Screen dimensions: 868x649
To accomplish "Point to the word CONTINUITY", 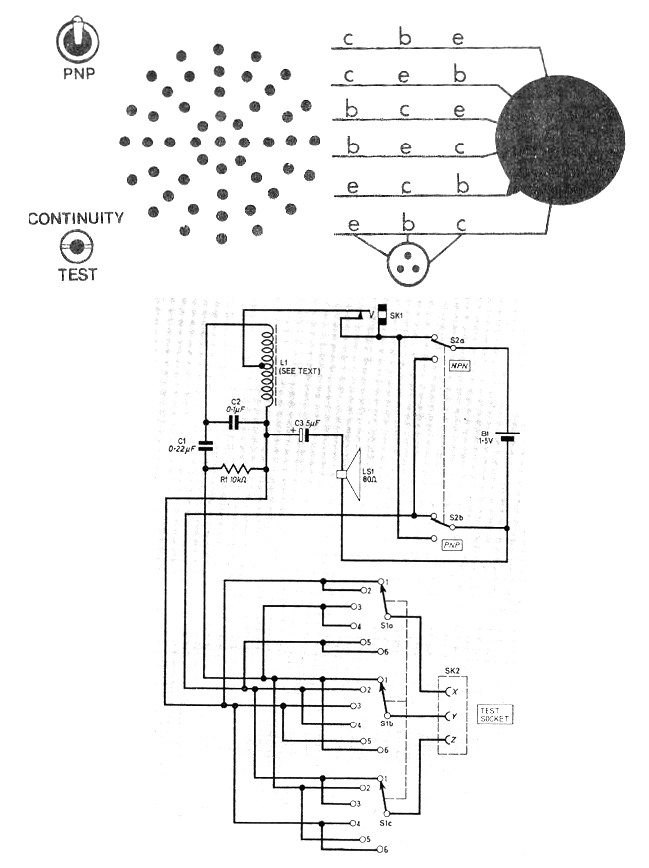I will [76, 218].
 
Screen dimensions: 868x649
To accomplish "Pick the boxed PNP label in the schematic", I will [459, 546].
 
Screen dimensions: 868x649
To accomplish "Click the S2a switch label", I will [457, 342].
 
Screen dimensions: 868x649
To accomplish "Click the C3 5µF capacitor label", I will [306, 424].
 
